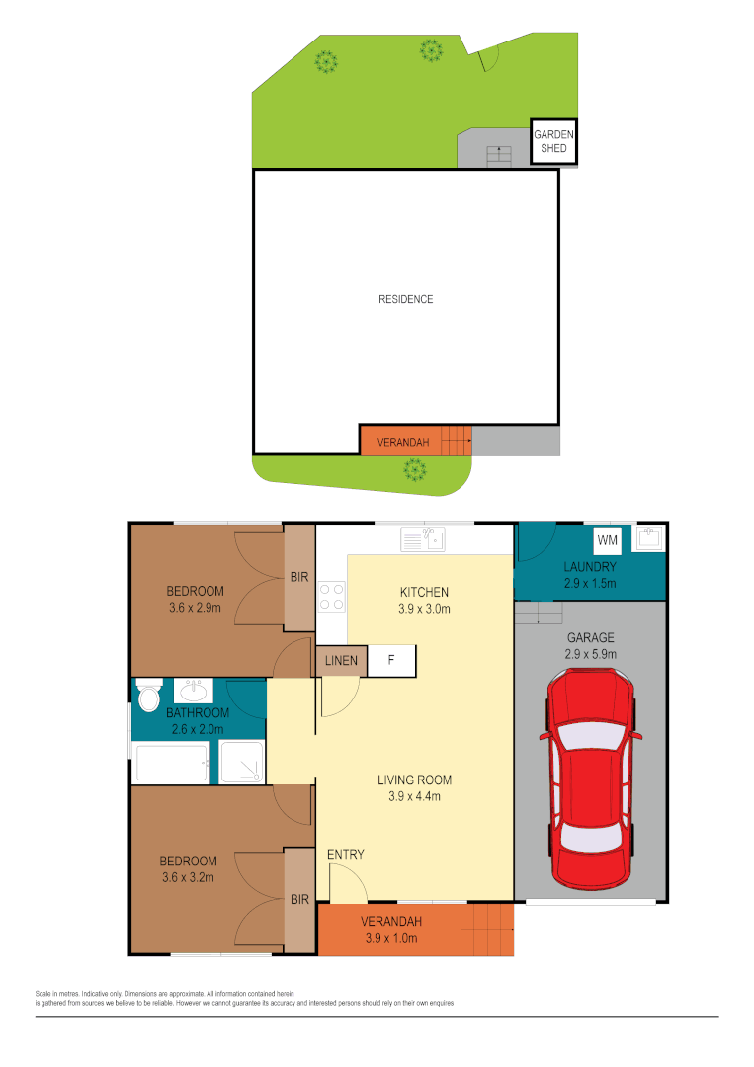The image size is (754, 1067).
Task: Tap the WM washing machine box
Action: [x=606, y=541]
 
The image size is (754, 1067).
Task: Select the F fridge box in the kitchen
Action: [x=391, y=661]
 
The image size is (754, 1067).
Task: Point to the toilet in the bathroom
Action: [x=148, y=697]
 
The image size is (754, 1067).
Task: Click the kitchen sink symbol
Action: [x=424, y=539]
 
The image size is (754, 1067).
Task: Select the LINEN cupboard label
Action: [x=341, y=661]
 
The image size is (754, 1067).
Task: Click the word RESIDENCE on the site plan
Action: [x=405, y=299]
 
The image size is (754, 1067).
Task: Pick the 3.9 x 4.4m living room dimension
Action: [x=414, y=796]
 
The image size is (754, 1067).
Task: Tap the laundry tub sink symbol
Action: [x=650, y=538]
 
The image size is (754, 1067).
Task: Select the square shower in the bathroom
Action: [x=241, y=763]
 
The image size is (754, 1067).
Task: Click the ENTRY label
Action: [x=346, y=854]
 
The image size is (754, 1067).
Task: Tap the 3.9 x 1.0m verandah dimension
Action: [x=392, y=938]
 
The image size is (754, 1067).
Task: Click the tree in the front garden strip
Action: [x=413, y=471]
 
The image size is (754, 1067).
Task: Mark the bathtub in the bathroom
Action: [x=172, y=764]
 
